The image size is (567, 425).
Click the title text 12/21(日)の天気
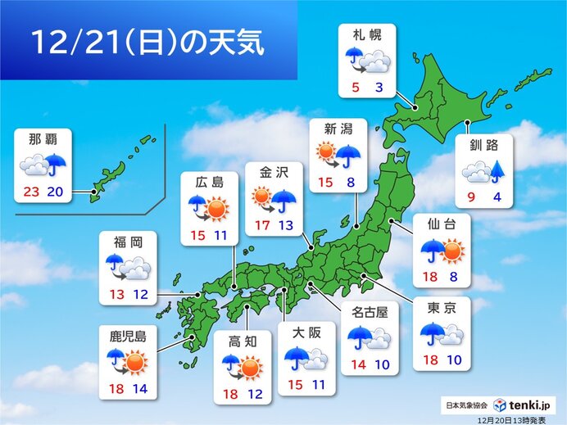147,43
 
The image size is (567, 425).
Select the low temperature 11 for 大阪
318,383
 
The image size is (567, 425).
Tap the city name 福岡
128,242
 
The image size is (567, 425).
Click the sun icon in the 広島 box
216,210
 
